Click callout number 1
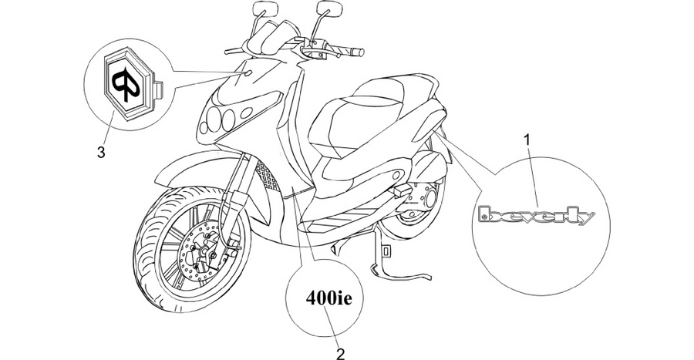(527, 140)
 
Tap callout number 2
(340, 353)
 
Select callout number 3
(101, 153)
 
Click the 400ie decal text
(328, 298)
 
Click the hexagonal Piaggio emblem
(128, 82)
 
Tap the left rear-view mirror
(264, 8)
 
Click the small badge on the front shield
(248, 72)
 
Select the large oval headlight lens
(246, 113)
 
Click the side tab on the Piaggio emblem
(158, 89)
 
